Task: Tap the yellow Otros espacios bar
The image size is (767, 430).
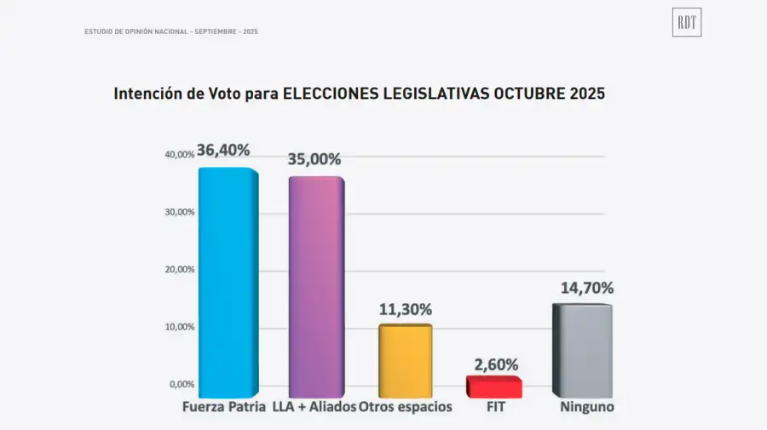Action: (x=405, y=361)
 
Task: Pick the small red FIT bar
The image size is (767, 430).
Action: (x=493, y=387)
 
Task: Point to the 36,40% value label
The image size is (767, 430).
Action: (x=223, y=150)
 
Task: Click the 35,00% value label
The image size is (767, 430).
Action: (x=314, y=159)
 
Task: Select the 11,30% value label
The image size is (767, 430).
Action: (x=406, y=309)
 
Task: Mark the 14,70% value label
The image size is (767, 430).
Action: (x=586, y=288)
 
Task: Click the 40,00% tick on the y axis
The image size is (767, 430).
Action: (x=180, y=155)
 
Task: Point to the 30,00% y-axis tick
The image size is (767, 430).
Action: (x=180, y=212)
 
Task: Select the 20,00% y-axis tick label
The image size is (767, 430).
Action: (x=180, y=270)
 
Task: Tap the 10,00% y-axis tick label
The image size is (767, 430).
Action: (x=180, y=327)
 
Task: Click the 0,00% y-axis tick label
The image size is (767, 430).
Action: (x=182, y=385)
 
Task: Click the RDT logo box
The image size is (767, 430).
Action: (x=687, y=23)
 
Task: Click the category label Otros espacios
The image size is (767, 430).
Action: (x=406, y=407)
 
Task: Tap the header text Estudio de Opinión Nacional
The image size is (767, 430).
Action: (x=136, y=32)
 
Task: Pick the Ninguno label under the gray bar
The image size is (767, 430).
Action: (x=586, y=407)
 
